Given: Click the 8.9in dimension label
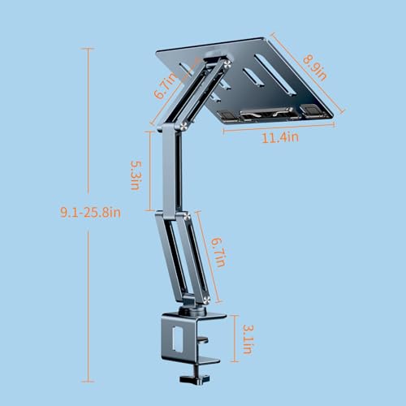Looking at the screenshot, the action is coord(314,67).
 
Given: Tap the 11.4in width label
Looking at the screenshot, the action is coord(280,137).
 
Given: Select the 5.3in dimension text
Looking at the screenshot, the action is coord(136,175).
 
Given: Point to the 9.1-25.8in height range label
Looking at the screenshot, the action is coord(90,212).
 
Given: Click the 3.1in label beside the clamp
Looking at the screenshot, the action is coord(248,339).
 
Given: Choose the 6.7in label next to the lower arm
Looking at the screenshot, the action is coord(218,253).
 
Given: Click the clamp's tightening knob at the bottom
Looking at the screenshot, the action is coord(195,378).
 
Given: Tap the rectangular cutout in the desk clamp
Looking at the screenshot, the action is coord(177,339).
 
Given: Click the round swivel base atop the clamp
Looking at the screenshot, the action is coord(192,311).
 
